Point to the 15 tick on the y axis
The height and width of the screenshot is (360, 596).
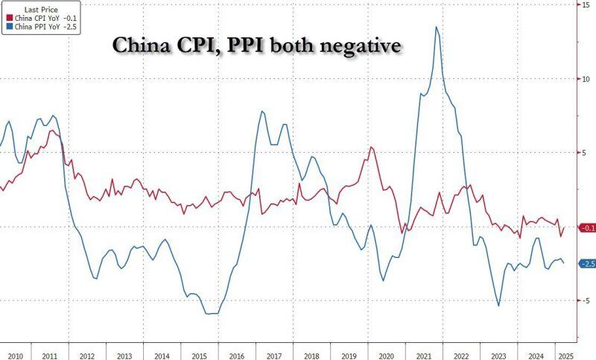click(x=586, y=5)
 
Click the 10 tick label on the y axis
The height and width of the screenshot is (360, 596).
click(x=586, y=79)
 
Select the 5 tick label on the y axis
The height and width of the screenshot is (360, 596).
click(x=585, y=153)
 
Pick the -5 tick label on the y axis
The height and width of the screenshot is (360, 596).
click(x=585, y=300)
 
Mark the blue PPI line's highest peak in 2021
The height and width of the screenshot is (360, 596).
click(x=436, y=28)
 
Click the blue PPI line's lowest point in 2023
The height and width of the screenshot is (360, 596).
click(x=498, y=305)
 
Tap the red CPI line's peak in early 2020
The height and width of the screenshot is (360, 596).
click(x=371, y=148)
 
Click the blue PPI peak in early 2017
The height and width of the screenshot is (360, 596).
click(x=263, y=112)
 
